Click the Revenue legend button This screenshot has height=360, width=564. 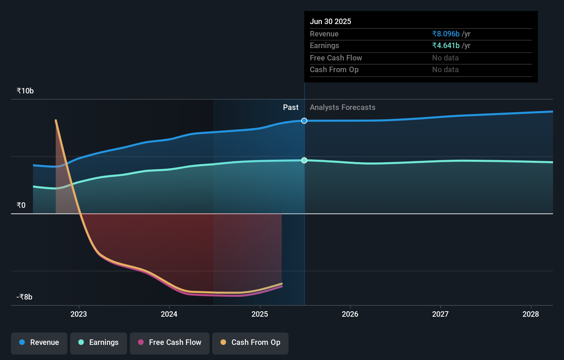[x=39, y=342]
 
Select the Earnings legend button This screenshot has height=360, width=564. [x=99, y=342]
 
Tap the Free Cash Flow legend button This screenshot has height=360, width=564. [x=170, y=342]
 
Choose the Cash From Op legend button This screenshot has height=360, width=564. [x=250, y=342]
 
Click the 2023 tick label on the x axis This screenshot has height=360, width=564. [x=79, y=314]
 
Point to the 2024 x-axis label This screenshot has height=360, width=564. [x=169, y=314]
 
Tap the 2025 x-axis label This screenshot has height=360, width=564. [x=260, y=314]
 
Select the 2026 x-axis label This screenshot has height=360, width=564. [x=350, y=314]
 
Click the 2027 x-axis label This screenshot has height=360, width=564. [x=440, y=314]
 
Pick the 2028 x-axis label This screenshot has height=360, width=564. [x=531, y=314]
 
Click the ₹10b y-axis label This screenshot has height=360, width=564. [x=25, y=91]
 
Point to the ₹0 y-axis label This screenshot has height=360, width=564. [x=21, y=205]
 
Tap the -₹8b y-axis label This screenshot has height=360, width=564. [x=24, y=297]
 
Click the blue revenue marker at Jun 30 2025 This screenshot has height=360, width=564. [x=304, y=121]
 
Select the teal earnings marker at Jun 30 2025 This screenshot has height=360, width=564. [x=304, y=160]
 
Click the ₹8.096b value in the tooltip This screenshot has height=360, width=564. [x=445, y=34]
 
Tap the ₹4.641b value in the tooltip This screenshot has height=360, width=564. [x=445, y=45]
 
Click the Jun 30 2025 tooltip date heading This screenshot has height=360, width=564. [x=330, y=21]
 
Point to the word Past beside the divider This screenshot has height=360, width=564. [x=291, y=107]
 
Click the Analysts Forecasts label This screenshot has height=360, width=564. [x=342, y=107]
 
